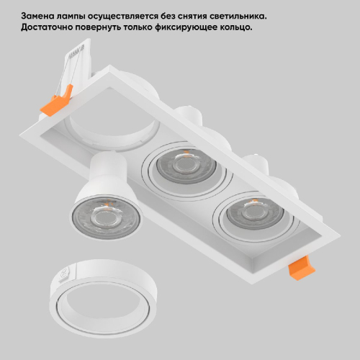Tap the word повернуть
[x=98, y=27]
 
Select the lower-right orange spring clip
[x=302, y=268]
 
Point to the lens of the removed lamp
[x=106, y=217]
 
